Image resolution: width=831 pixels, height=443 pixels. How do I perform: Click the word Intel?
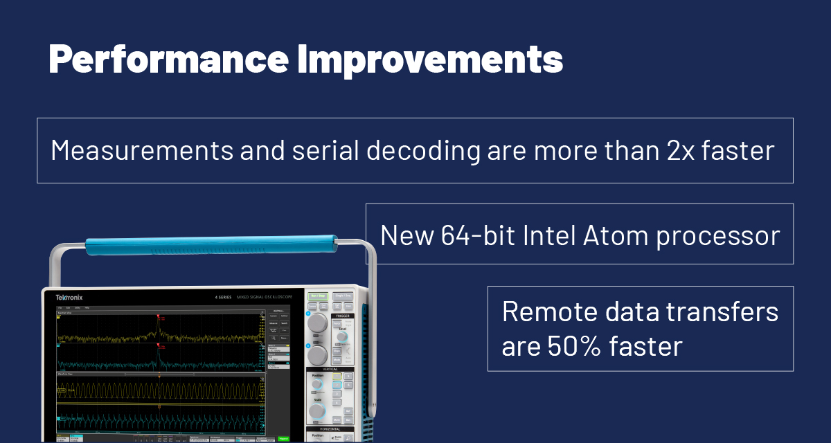pyautogui.click(x=554, y=236)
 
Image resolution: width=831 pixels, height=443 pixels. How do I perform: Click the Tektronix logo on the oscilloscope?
pyautogui.click(x=69, y=298)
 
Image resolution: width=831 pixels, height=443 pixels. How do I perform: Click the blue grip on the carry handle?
pyautogui.click(x=211, y=243)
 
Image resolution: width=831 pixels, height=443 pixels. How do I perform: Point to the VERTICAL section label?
pyautogui.click(x=330, y=369)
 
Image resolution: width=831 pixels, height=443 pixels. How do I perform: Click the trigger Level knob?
pyautogui.click(x=342, y=336)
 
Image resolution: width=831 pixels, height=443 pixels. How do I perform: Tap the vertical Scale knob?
pyautogui.click(x=317, y=411)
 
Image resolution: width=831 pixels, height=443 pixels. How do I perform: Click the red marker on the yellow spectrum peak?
pyautogui.click(x=159, y=318)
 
